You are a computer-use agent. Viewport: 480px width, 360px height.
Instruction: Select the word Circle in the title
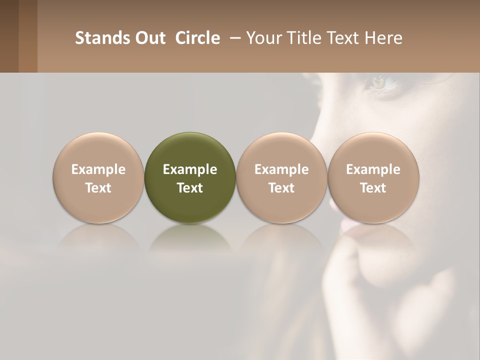(x=197, y=38)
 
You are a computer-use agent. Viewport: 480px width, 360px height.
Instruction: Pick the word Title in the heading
(x=301, y=38)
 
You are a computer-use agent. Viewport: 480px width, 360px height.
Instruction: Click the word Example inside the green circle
(x=190, y=169)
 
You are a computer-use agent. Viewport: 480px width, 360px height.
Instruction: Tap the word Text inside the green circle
(x=190, y=188)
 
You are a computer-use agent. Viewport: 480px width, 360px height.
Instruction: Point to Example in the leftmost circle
(x=98, y=169)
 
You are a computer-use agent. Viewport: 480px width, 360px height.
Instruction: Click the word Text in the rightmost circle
(x=373, y=188)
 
